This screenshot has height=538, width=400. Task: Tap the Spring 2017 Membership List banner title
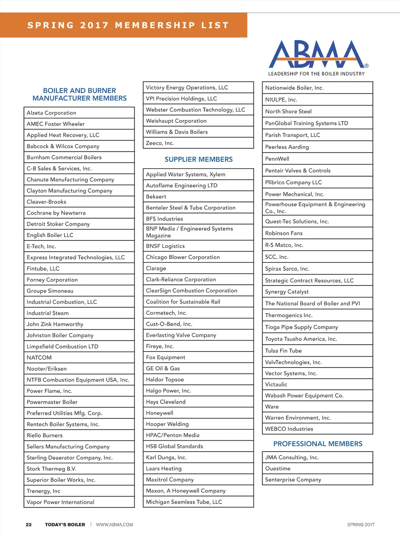128,25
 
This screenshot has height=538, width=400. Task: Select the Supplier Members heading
198,160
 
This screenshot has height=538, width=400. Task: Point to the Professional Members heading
318,444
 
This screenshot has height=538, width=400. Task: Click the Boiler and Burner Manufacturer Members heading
79,94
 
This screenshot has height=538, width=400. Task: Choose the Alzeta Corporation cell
79,113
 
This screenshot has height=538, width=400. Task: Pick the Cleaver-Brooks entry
79,202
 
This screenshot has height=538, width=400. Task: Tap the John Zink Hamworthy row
79,324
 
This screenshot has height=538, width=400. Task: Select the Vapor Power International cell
79,502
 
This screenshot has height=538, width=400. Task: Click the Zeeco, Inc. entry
198,143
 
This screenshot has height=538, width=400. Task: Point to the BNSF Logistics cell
198,246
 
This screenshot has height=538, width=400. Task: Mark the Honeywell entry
198,413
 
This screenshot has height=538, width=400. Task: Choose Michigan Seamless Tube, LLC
198,502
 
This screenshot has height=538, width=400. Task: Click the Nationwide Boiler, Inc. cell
317,88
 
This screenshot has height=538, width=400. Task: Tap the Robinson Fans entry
317,233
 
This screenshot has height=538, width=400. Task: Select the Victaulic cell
317,384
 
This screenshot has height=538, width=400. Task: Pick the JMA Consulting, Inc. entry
317,457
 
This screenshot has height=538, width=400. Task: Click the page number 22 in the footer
29,525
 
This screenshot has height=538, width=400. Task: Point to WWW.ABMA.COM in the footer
114,525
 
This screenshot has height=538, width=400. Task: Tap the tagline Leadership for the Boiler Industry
316,74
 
